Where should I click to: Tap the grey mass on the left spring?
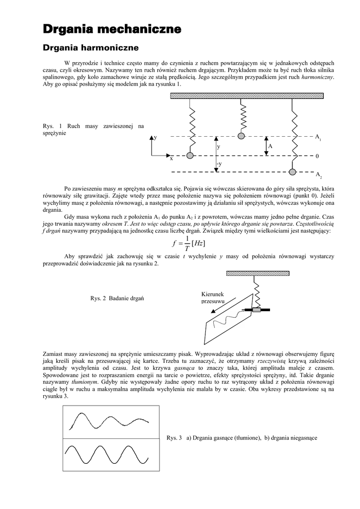[x=189, y=156]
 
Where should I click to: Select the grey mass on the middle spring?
[x=241, y=136]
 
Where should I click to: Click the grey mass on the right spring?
[x=293, y=171]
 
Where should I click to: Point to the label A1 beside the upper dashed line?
[x=318, y=136]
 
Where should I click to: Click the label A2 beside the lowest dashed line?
[x=318, y=175]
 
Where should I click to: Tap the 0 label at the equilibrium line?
[x=317, y=156]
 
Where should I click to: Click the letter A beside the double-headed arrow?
[x=270, y=147]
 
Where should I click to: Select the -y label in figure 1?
[x=219, y=164]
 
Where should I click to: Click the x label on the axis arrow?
[x=171, y=159]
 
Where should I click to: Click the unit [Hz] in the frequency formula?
[x=197, y=243]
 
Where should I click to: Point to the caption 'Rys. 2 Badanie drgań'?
[x=117, y=298]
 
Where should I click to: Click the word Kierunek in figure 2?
[x=213, y=294]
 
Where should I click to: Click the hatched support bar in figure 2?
[x=257, y=273]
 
